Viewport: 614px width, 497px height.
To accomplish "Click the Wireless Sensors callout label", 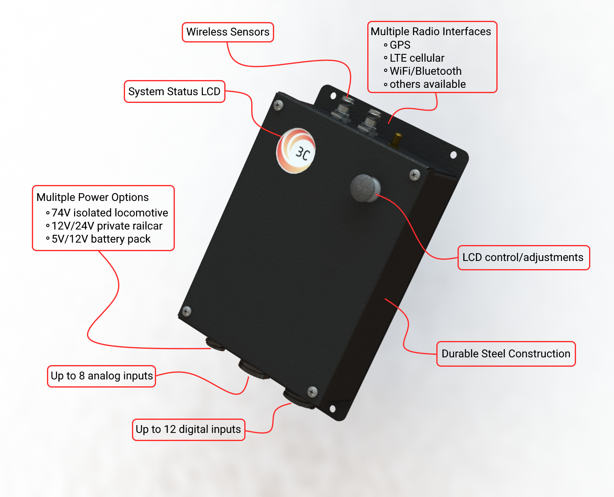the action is point(228,32).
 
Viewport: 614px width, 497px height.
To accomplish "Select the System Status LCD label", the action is point(174,91).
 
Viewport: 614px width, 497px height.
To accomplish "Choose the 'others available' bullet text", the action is point(428,84).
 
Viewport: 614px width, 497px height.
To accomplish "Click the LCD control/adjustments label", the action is point(523,258).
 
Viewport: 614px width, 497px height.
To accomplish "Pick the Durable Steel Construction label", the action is point(506,354).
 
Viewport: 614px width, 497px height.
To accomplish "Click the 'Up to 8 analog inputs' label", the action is point(101,376).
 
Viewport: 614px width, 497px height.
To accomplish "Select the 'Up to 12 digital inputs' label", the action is point(188,430).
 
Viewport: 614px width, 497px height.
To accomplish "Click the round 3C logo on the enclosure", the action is point(296,150).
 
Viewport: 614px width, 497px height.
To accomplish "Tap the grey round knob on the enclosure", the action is point(365,188).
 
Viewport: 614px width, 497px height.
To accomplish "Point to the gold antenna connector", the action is point(396,140).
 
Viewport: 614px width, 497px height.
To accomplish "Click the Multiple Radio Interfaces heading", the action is point(431,31).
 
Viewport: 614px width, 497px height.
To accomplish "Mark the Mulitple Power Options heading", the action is point(93,197).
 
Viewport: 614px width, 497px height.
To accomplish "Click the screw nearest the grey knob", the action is point(415,175).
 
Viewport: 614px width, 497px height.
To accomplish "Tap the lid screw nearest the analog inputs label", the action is point(187,311).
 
